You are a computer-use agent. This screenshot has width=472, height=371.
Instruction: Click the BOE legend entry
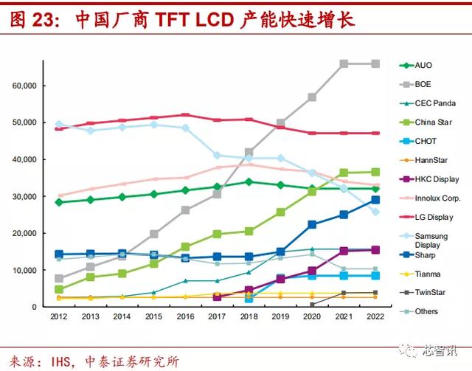pos(425,85)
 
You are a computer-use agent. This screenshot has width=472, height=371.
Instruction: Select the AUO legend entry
pos(424,66)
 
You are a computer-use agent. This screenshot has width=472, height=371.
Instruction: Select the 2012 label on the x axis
pos(59,316)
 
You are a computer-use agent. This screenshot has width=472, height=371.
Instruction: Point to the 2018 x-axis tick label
pos(249,316)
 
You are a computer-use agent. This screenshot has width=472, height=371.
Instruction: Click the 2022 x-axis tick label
pos(375,316)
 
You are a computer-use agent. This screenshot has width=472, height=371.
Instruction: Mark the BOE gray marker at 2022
pos(375,64)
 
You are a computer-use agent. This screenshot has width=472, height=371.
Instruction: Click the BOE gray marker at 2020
pos(312,97)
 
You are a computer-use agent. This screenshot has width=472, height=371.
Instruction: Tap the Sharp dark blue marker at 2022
pos(375,200)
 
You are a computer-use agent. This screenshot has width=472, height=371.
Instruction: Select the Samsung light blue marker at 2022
pos(375,212)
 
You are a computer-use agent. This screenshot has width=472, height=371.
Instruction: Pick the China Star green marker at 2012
pos(59,290)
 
